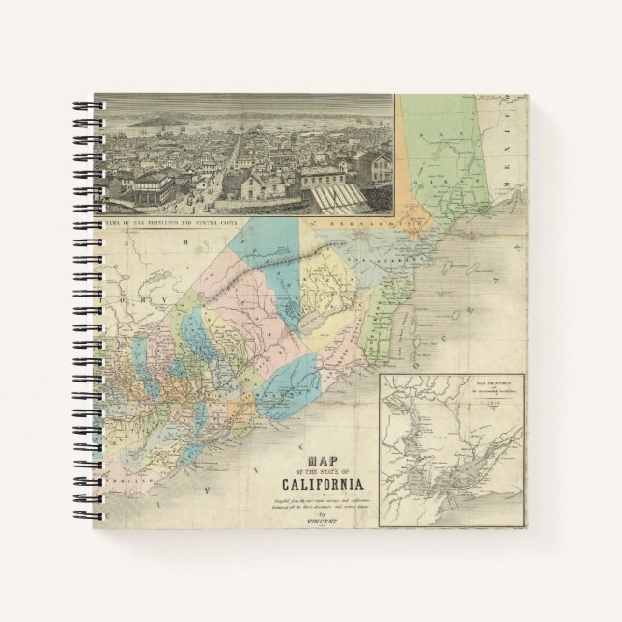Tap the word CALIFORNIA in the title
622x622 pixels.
323,484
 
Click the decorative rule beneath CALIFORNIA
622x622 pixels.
323,494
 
